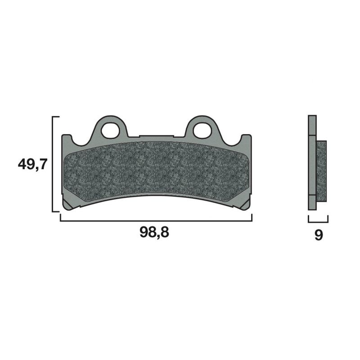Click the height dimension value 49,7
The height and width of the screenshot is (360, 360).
coord(31,164)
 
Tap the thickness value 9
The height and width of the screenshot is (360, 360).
coord(318,235)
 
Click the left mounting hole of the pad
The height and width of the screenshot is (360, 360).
coord(108,130)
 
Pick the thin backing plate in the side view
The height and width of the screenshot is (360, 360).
coord(312,162)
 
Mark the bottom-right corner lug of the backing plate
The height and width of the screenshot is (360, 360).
coord(245,205)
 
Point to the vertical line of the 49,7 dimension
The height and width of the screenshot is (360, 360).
coord(54,164)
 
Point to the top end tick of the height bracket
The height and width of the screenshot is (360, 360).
coord(57,117)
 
